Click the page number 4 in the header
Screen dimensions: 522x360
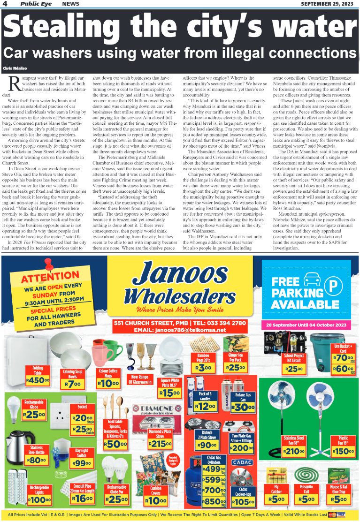[x=5, y=4]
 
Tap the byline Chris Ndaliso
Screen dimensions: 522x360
[x=14, y=68]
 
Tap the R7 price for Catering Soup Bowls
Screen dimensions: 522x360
[x=74, y=385]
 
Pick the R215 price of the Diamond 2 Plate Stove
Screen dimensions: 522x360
[x=160, y=444]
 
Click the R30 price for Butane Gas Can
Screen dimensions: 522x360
[x=243, y=408]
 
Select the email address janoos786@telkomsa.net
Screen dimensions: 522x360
[x=186, y=330]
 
